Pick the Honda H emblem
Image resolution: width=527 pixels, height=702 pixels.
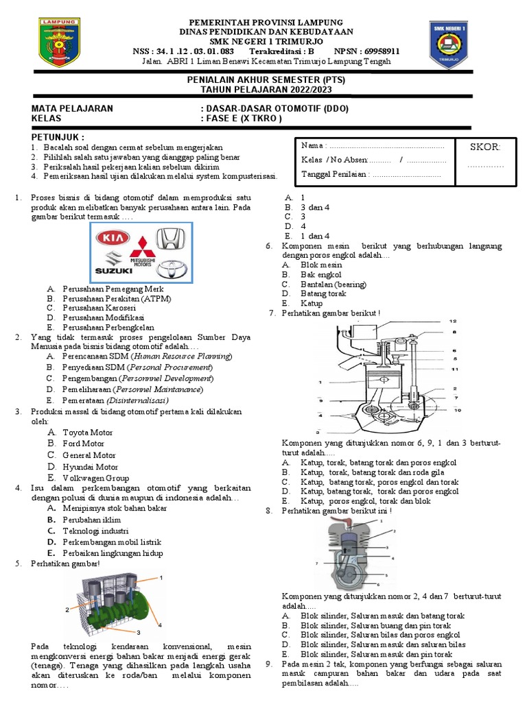tap(169, 239)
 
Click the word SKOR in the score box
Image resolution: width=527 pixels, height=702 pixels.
tap(485, 147)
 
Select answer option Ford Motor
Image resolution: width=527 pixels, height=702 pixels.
tap(84, 444)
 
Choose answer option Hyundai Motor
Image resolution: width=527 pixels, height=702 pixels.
tap(90, 467)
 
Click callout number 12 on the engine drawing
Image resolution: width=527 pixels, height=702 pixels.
tap(452, 321)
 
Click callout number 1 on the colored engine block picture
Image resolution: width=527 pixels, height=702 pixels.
tap(161, 579)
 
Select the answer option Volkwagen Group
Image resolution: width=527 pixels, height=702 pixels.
tap(96, 478)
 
